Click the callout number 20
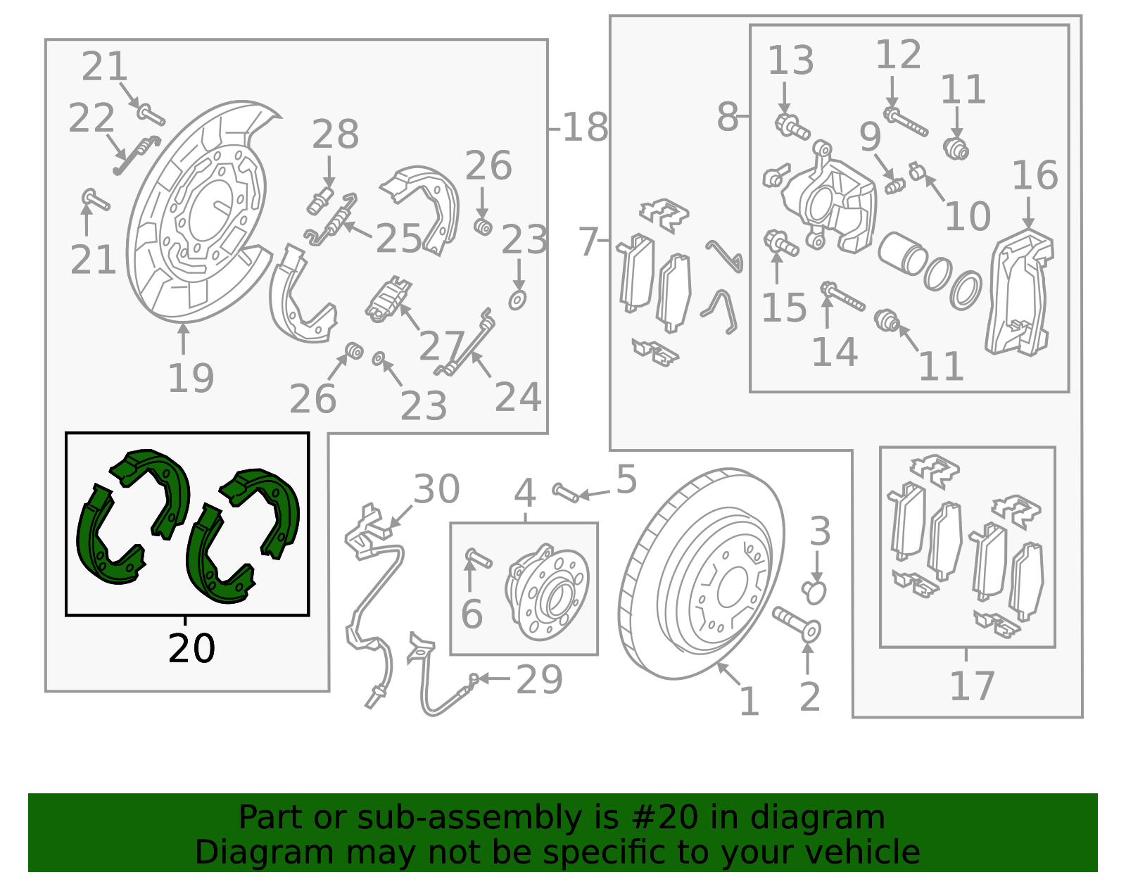pos(191,648)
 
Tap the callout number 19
pos(191,378)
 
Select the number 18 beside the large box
pos(585,127)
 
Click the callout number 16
pos(1035,175)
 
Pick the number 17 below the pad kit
pos(972,685)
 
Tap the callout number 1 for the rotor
pos(749,702)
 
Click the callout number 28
pos(335,134)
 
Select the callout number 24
pos(518,397)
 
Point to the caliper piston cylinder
pos(902,253)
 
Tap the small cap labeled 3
pos(814,592)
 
